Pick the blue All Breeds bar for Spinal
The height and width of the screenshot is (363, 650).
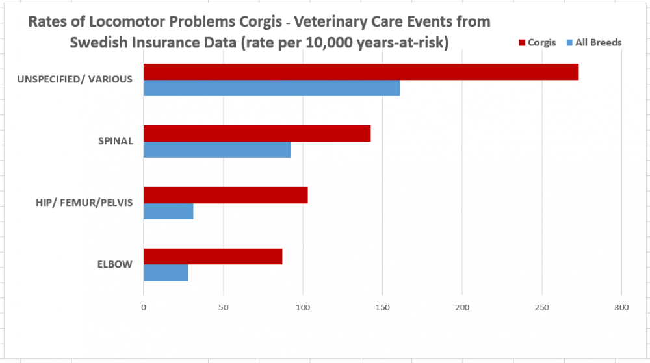coord(217,149)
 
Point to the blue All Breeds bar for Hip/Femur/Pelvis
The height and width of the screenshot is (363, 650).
coord(168,211)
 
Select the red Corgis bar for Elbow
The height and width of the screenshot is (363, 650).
coord(213,257)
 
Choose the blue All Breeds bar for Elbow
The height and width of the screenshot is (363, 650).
coord(166,273)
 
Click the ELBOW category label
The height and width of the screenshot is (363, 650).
coord(116,264)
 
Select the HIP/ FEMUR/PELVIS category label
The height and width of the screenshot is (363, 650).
coord(84,203)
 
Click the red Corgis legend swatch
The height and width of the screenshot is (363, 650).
coord(521,43)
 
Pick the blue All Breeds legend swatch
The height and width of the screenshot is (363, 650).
coord(569,43)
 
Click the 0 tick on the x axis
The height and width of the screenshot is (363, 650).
coord(144,307)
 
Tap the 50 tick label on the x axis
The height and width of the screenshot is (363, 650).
coord(223,307)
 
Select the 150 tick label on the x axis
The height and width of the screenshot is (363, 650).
coord(382,307)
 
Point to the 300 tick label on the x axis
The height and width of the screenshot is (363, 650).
coord(621,307)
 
